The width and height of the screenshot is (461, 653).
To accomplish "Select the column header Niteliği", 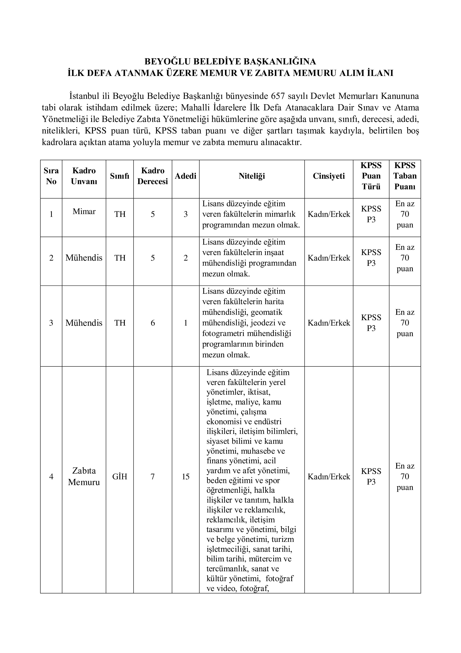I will (252, 176).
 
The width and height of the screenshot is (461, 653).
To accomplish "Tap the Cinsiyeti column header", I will (329, 176).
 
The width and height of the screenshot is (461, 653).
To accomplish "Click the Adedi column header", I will (186, 176).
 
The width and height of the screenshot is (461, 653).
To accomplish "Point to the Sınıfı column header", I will (120, 176).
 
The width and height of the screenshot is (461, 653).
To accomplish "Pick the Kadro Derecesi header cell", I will (153, 176).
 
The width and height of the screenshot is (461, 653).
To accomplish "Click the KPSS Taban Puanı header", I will (405, 176).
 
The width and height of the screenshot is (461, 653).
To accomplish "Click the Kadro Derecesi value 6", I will (153, 323).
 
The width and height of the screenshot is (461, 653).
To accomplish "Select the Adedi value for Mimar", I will (186, 214).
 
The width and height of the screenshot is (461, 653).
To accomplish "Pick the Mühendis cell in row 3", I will (84, 323).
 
